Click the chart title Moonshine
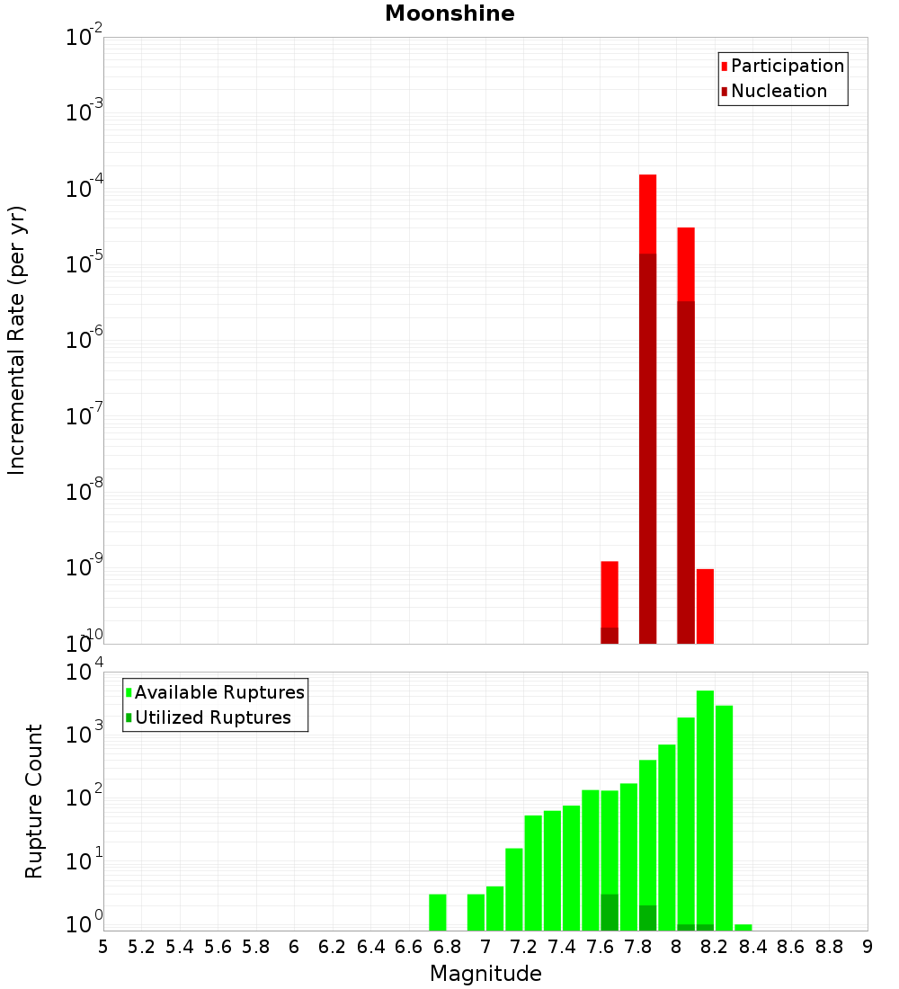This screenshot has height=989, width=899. [x=449, y=14]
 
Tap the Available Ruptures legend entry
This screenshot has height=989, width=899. [x=218, y=692]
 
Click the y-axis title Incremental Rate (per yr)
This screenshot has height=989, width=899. [x=17, y=341]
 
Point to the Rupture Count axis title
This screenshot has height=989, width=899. [x=34, y=801]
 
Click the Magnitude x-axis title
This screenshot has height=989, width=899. [x=485, y=974]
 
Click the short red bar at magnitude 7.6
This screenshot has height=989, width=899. [x=610, y=593]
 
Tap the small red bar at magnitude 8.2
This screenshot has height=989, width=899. [x=705, y=606]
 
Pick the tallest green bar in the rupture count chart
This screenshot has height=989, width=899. [x=705, y=809]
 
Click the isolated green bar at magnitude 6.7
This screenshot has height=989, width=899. [x=438, y=912]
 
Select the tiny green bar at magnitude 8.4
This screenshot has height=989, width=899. [x=743, y=927]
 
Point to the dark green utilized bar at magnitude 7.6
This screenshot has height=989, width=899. [x=610, y=912]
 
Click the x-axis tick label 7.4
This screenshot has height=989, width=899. [x=562, y=947]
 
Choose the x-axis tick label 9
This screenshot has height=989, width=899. [x=868, y=947]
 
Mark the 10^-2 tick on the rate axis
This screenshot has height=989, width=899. [x=85, y=38]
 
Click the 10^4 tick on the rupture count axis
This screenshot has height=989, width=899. [x=85, y=673]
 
